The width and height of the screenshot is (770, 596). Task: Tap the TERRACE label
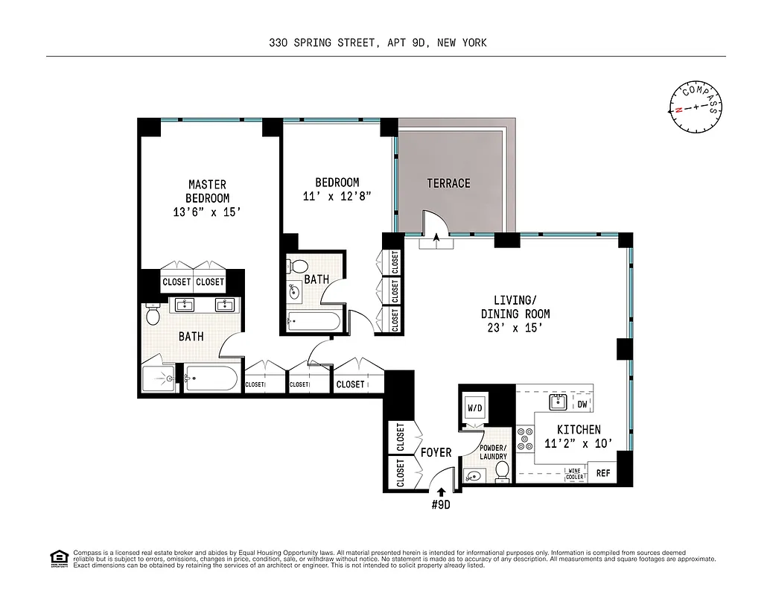(x=448, y=183)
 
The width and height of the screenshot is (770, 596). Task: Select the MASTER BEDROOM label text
(x=207, y=191)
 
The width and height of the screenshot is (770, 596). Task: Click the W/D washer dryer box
(x=475, y=409)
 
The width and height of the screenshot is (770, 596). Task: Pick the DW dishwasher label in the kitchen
(x=582, y=405)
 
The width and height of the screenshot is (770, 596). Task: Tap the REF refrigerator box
(x=602, y=472)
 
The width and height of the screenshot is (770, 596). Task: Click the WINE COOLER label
(x=574, y=473)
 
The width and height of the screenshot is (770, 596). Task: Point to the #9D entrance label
(x=441, y=505)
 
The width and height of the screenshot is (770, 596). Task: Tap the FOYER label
(x=436, y=453)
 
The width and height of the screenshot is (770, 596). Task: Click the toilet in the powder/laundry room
(x=502, y=470)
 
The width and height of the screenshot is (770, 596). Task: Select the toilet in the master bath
(x=153, y=315)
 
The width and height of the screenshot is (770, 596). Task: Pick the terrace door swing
(x=433, y=221)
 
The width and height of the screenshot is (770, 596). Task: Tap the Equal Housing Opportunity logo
(x=57, y=557)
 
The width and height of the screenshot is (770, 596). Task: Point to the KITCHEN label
(x=578, y=429)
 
